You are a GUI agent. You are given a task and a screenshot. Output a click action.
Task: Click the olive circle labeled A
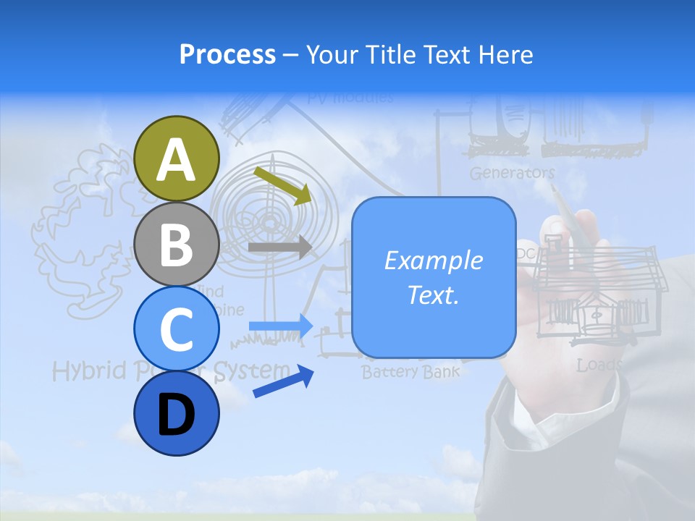(176, 158)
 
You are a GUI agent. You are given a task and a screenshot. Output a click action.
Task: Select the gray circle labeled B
(176, 244)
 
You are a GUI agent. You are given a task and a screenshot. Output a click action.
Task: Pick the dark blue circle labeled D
(176, 413)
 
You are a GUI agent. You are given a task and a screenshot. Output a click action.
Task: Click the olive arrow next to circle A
(282, 184)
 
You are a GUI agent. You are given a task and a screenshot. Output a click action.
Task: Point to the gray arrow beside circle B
(279, 247)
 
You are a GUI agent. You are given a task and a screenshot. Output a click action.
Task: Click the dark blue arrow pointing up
(283, 382)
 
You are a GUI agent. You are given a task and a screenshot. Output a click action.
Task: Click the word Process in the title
(227, 54)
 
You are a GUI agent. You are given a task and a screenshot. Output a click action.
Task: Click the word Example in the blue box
(433, 260)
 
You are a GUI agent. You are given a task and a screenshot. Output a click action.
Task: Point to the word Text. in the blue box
(433, 295)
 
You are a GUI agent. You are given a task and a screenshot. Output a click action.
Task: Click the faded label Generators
(512, 173)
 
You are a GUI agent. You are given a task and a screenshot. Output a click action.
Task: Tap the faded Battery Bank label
(410, 373)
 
